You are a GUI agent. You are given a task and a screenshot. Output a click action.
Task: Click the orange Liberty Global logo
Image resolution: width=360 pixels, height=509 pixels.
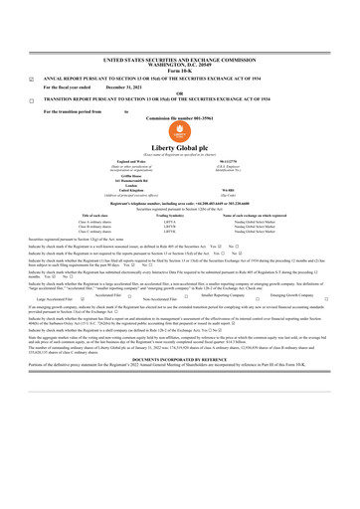point(179,130)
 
